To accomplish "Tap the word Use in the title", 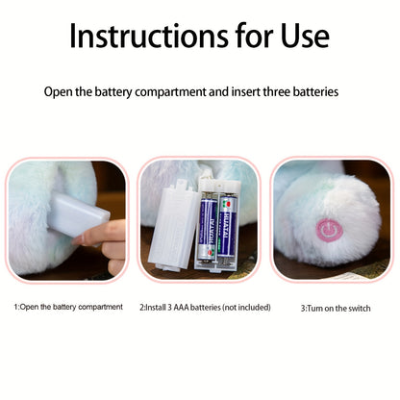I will [298, 36].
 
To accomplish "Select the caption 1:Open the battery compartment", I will [67, 307].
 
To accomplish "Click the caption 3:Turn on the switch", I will [335, 308].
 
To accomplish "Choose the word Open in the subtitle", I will [61, 92].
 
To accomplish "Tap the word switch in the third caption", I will [356, 308].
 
